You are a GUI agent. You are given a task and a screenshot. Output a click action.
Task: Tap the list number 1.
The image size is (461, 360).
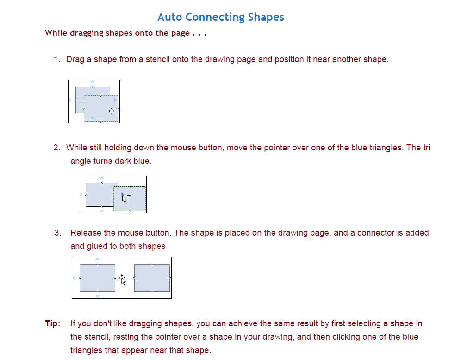56,59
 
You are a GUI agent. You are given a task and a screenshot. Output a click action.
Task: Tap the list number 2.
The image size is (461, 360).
56,148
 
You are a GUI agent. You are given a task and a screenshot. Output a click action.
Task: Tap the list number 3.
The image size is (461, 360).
57,233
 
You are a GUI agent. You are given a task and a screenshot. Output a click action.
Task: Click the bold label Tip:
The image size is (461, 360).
53,323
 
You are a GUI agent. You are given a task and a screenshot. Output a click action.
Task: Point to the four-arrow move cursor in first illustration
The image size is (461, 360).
112,111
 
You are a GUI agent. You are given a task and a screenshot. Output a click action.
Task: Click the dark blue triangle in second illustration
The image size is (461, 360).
122,195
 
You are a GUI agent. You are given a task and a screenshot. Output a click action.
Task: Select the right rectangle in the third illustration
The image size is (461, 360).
152,278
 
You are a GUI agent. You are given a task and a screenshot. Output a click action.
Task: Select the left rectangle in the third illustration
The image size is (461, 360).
97,278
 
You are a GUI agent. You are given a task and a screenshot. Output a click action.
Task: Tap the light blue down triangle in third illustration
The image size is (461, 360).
97,296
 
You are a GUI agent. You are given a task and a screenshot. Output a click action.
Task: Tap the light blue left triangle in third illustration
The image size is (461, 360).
74,278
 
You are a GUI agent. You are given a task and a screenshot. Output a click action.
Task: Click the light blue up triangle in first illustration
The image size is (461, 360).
93,82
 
